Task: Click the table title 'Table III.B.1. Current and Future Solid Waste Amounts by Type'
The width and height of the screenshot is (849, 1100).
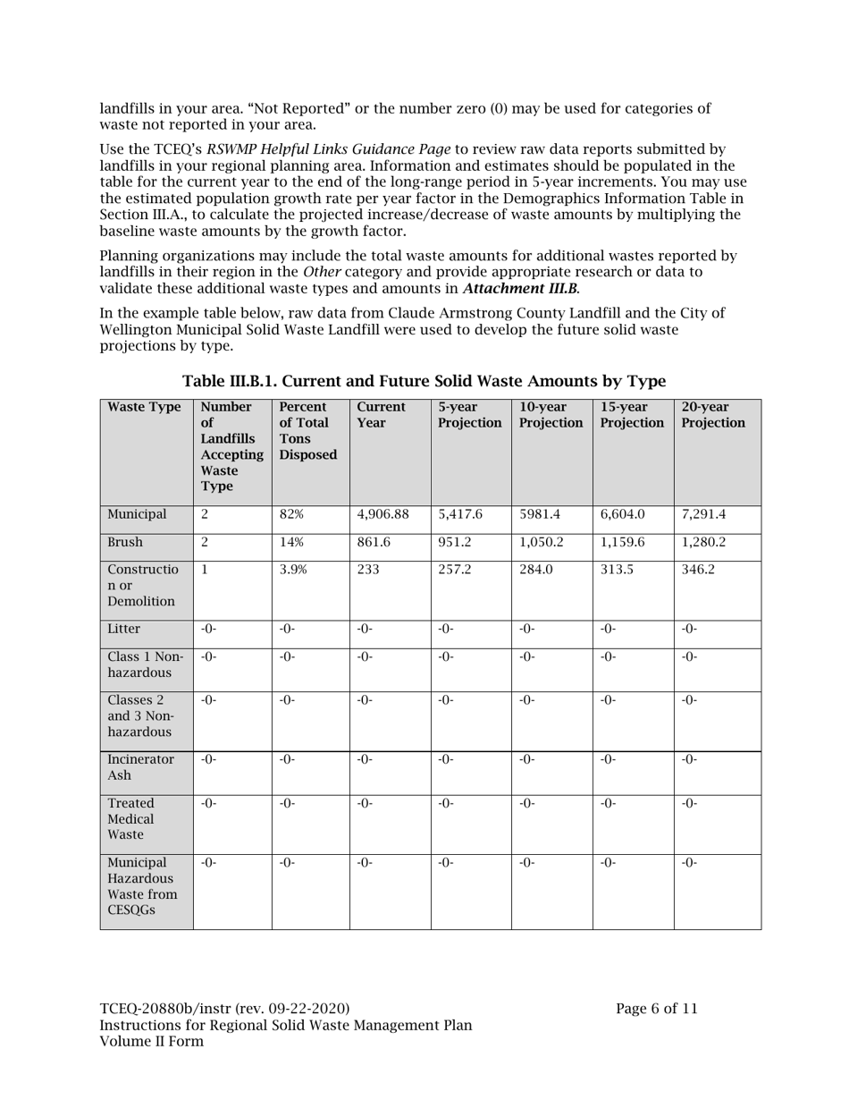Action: click(424, 381)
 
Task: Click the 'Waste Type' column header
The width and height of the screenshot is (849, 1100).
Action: click(144, 407)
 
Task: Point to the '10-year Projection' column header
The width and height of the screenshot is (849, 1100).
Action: click(551, 415)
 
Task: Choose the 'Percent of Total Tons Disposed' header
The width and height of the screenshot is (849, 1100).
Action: click(308, 430)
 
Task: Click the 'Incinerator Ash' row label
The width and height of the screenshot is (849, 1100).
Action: click(141, 767)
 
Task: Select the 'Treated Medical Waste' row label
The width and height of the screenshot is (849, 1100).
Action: click(132, 818)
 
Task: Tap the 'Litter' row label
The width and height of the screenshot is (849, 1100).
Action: click(124, 629)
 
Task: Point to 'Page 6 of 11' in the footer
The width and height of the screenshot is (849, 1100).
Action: click(656, 1009)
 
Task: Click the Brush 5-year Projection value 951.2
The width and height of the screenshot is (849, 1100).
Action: click(458, 542)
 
